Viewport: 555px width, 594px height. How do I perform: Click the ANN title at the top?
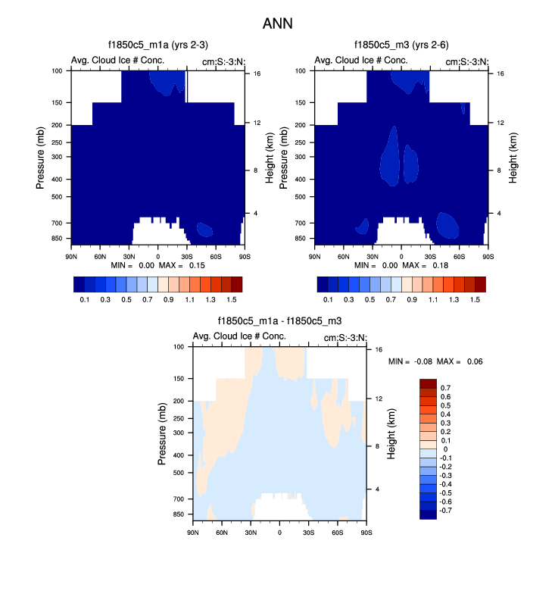[277, 24]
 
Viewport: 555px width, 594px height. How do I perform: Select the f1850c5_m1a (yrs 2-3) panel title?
[157, 45]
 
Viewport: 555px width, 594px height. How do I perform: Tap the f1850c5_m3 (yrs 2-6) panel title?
[401, 45]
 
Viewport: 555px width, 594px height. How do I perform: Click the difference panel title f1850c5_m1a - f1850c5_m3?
[279, 322]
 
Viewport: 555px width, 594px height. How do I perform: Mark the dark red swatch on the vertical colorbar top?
[427, 383]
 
